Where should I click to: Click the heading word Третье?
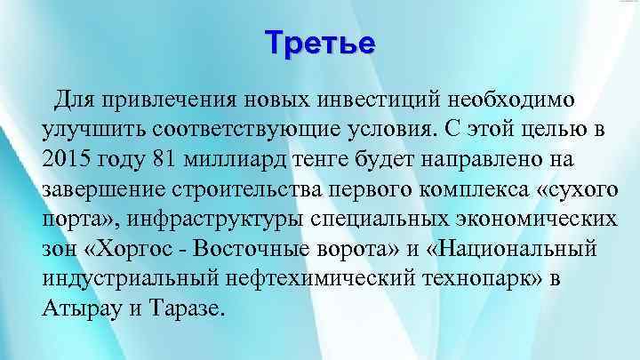[320, 43]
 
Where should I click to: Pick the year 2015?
[68, 158]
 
